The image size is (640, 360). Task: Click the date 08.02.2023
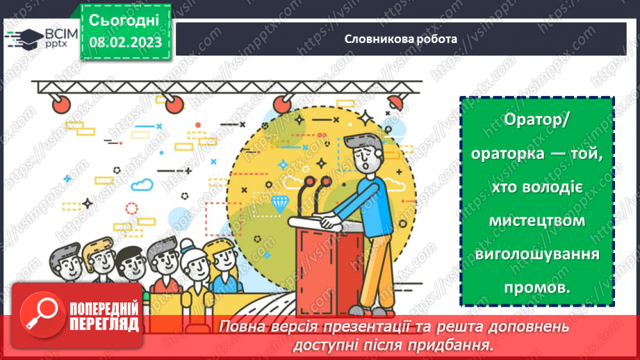126,42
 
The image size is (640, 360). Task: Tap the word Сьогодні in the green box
124,19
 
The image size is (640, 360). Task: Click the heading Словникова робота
401,39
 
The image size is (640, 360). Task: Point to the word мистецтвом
536,220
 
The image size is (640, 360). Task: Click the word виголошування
536,254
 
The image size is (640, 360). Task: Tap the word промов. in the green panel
536,287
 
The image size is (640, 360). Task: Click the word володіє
536,188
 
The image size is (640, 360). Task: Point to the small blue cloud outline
142,184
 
